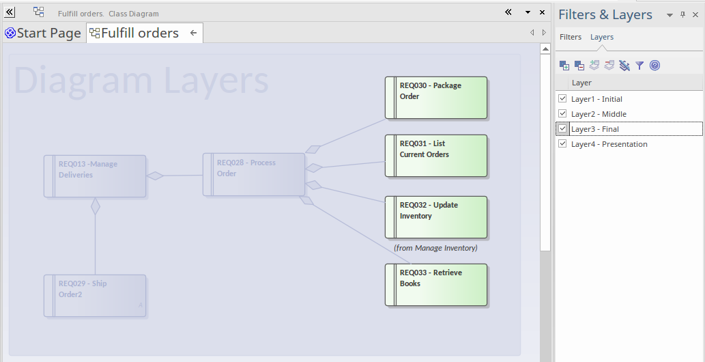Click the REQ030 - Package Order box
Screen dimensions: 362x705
(x=436, y=98)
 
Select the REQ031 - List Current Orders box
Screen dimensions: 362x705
(x=436, y=156)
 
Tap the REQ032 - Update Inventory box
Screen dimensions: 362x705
(x=436, y=217)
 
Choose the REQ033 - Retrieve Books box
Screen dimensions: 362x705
(x=436, y=285)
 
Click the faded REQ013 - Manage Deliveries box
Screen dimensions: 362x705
(x=95, y=176)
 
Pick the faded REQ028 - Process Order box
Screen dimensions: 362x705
(x=254, y=174)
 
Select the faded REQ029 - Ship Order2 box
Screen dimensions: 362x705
(x=95, y=296)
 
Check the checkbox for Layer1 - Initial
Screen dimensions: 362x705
(x=562, y=98)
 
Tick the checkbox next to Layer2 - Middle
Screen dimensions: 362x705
(x=562, y=113)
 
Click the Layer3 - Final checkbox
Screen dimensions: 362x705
(x=562, y=128)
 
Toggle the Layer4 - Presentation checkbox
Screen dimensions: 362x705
(x=562, y=143)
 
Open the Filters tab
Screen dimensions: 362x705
(x=571, y=37)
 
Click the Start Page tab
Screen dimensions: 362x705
(x=43, y=33)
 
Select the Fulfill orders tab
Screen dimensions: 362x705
(x=139, y=33)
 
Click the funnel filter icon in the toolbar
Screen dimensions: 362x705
(x=639, y=66)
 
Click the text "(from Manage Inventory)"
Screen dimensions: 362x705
(x=435, y=248)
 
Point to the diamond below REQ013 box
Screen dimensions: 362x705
(x=95, y=206)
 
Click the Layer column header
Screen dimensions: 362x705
(x=581, y=83)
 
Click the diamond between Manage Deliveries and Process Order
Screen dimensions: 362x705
(x=155, y=176)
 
